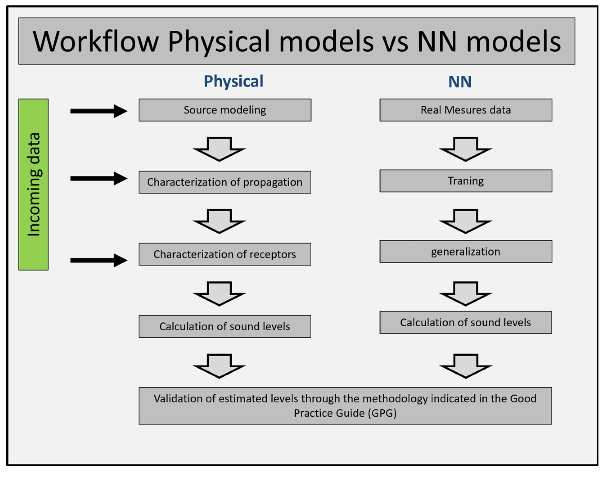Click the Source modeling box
(x=225, y=110)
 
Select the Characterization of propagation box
(x=225, y=182)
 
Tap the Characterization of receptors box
(x=225, y=254)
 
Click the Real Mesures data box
(x=466, y=110)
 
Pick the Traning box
(x=466, y=181)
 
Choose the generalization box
(x=466, y=251)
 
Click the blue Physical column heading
(x=234, y=82)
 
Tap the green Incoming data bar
(x=34, y=184)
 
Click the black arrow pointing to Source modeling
(x=99, y=111)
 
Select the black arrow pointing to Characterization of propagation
(x=99, y=179)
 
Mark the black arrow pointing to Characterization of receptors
(x=99, y=260)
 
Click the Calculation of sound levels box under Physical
(x=225, y=326)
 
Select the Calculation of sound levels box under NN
(x=466, y=322)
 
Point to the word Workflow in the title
(x=96, y=42)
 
